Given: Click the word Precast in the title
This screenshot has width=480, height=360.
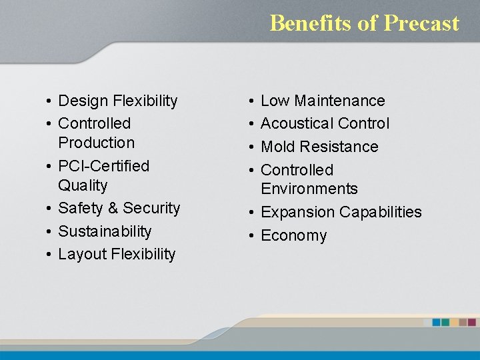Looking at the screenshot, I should click(x=421, y=23).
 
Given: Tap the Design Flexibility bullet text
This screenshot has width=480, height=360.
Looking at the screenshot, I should click(x=118, y=101).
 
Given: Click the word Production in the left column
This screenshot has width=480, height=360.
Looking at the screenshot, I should click(x=96, y=143).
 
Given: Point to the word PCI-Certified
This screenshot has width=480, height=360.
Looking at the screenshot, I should click(x=103, y=165).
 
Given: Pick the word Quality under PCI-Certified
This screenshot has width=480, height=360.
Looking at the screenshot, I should click(x=83, y=185).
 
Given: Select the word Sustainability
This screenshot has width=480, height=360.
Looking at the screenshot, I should click(x=105, y=231).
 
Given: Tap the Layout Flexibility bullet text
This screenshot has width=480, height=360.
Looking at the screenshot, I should click(x=117, y=254).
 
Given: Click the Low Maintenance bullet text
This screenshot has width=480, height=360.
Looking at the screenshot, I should click(x=323, y=101).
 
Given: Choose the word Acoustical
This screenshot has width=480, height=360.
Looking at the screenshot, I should click(x=297, y=123).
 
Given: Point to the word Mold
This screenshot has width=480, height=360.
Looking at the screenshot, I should click(x=277, y=147).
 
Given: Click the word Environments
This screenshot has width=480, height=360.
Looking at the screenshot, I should click(x=309, y=189).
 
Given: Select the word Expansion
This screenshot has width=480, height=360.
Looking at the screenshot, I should click(x=297, y=212).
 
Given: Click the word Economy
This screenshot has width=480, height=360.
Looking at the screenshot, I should click(x=293, y=235).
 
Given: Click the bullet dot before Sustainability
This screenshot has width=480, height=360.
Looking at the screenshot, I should click(x=49, y=231).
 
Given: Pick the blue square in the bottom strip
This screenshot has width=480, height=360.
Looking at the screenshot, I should click(x=437, y=322).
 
